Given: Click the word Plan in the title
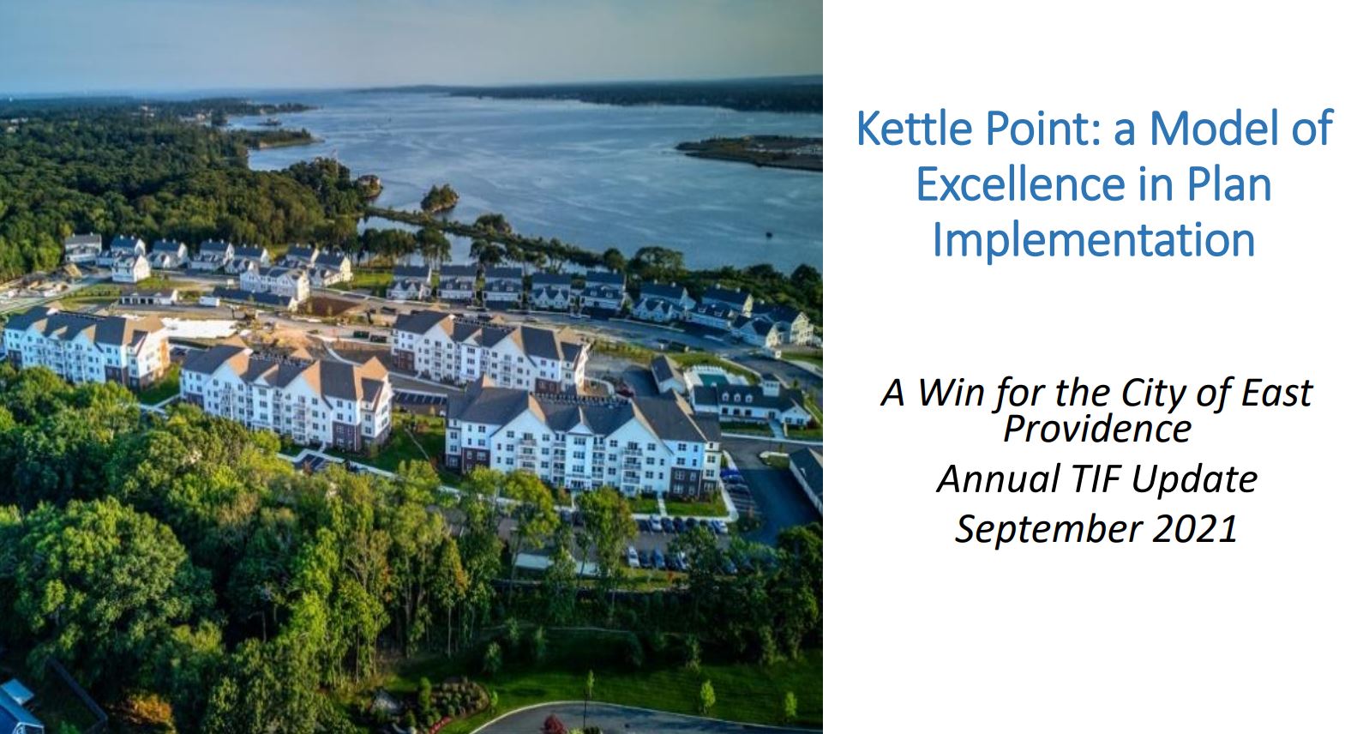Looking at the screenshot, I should pos(1231,183).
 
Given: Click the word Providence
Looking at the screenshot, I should pos(1096,427).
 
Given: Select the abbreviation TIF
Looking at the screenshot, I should pos(1095,478).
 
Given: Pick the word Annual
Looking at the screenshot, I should pos(998,478).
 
